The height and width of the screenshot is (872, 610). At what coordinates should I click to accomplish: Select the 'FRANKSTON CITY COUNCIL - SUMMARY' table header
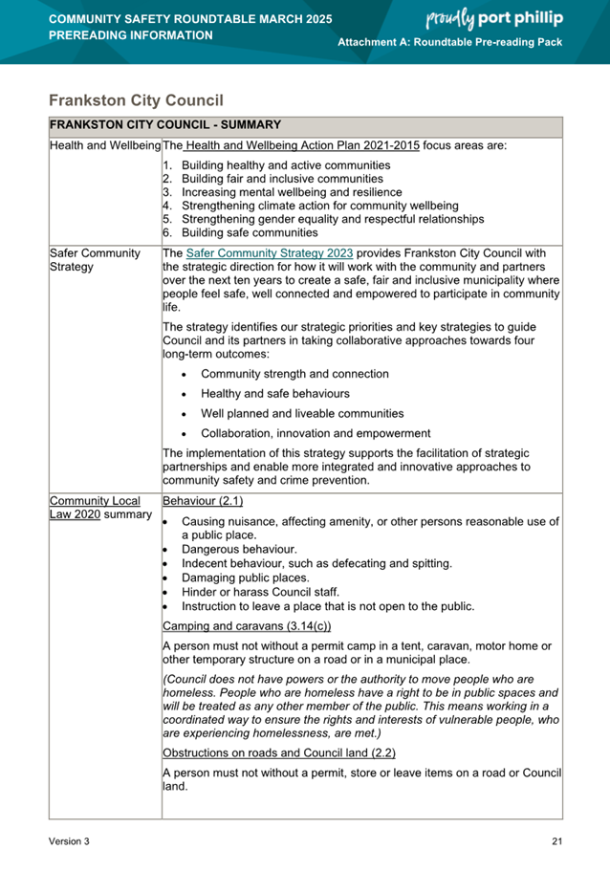point(164,124)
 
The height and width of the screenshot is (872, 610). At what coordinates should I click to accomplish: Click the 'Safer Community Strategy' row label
point(94,260)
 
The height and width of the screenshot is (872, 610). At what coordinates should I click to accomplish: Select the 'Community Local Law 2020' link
point(94,507)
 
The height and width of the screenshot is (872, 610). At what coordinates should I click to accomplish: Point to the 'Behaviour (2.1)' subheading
point(203,500)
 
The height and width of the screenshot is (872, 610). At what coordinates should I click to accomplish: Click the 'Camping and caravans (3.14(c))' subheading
point(246,625)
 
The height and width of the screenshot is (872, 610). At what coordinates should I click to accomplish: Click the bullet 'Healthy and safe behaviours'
point(274,393)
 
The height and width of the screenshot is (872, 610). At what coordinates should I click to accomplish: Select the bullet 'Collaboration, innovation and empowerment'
point(316,433)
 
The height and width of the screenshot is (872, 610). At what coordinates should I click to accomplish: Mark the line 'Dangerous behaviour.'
point(239,550)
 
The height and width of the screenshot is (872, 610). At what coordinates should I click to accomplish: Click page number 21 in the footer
point(556,841)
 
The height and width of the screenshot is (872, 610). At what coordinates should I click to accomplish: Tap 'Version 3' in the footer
point(70,841)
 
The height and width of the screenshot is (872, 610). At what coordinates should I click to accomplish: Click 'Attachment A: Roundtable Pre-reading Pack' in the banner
point(450,44)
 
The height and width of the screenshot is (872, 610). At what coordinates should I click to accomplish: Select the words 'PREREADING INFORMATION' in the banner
point(131,35)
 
